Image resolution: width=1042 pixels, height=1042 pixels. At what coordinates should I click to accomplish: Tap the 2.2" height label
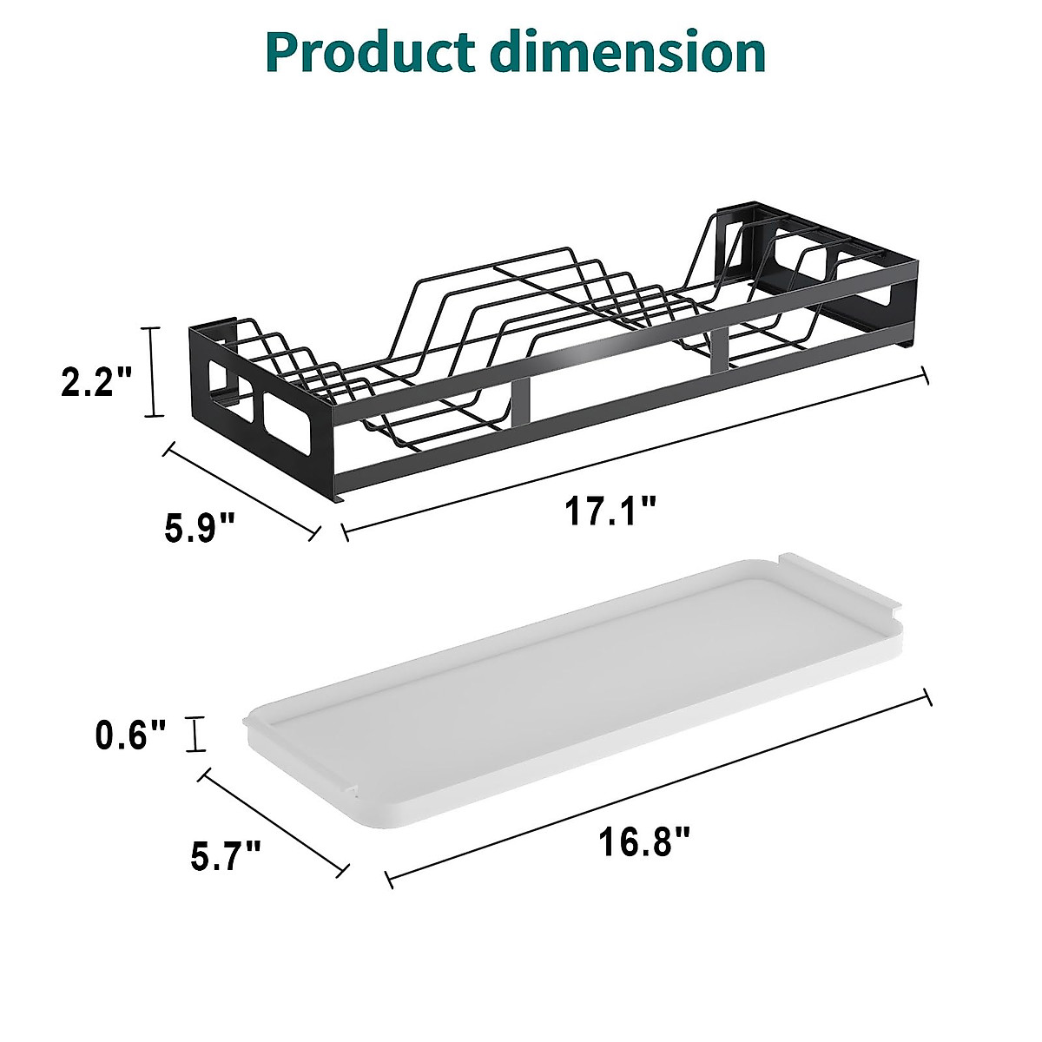[96, 382]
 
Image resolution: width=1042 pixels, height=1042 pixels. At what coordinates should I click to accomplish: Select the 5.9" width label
[200, 527]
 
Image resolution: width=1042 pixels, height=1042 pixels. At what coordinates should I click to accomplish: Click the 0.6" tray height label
[130, 736]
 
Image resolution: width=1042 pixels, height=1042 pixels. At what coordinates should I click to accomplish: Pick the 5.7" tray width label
[226, 855]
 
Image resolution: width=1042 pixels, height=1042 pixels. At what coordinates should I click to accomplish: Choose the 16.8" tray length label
[644, 841]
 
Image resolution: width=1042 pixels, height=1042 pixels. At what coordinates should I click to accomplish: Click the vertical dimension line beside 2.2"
[155, 372]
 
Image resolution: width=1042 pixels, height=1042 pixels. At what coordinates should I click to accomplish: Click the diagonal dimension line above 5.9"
[242, 491]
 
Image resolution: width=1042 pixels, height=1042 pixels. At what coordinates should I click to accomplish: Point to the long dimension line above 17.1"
[634, 452]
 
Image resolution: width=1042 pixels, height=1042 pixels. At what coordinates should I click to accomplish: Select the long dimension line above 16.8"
[658, 788]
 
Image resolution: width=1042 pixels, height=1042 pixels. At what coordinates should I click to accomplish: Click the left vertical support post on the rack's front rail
[520, 401]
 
